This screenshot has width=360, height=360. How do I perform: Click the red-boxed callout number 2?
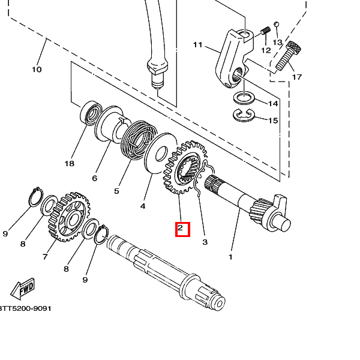click(x=180, y=228)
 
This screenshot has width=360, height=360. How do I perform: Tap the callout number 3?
click(x=205, y=242)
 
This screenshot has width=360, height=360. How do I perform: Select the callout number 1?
click(x=230, y=257)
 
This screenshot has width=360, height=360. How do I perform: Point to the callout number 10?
click(x=37, y=70)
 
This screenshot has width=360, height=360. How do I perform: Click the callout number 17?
click(x=296, y=77)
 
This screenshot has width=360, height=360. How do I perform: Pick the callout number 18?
click(x=70, y=163)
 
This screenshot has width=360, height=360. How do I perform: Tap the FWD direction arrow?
click(x=23, y=289)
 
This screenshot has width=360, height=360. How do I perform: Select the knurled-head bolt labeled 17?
click(x=288, y=56)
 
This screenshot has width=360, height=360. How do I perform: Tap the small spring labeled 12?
click(x=266, y=31)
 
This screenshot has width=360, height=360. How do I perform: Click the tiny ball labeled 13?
click(x=277, y=24)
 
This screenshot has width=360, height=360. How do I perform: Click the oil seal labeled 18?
click(x=91, y=113)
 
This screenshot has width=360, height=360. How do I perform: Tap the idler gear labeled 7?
click(x=70, y=217)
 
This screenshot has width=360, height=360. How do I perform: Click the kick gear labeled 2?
click(x=185, y=167)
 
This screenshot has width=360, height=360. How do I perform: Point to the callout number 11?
click(x=197, y=44)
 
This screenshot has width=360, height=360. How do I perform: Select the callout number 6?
click(x=95, y=178)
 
